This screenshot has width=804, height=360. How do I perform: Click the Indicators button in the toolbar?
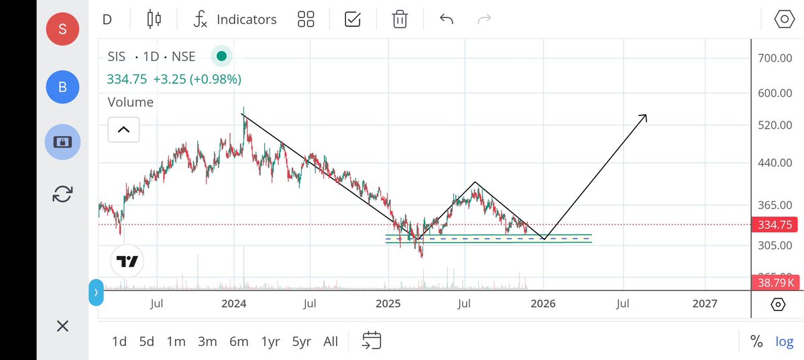point(235,19)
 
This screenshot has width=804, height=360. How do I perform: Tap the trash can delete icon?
point(400,19)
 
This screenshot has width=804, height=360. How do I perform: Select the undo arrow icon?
point(447,19)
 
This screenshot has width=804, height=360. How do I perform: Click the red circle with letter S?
point(62,29)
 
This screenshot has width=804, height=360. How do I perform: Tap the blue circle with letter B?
point(62,86)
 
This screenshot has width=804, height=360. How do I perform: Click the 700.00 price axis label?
point(776,58)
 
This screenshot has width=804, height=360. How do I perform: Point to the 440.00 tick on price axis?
point(776,163)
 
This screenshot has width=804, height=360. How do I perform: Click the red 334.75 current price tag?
point(774,225)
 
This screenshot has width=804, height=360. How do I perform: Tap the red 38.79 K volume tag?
point(774,283)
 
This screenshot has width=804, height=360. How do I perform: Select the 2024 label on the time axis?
point(233,304)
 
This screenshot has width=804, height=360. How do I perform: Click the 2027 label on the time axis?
point(705,304)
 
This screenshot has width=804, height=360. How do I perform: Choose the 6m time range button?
point(239,341)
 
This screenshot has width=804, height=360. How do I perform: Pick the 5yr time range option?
point(301,341)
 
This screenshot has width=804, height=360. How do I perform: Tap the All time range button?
point(331,341)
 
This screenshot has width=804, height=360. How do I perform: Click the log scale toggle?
point(784,341)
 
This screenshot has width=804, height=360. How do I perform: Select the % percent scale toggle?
point(756,341)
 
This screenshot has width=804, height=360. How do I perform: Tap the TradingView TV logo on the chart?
point(127,261)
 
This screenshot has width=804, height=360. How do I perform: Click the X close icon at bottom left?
point(62,326)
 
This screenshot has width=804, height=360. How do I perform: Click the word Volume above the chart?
point(131,102)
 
